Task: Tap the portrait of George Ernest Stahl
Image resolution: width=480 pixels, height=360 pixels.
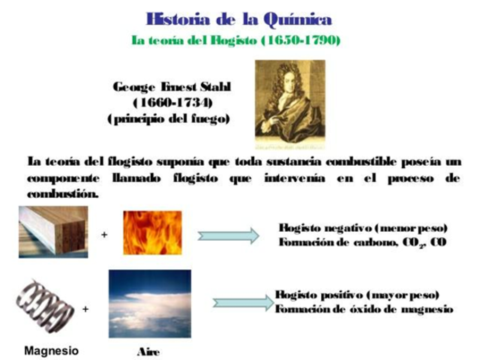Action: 289,102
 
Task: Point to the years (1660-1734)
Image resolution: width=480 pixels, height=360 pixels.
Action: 172,103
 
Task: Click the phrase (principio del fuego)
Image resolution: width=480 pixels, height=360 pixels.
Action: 168,118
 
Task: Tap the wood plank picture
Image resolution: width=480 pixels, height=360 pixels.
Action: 52,232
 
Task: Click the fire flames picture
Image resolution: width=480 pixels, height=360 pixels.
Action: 152,232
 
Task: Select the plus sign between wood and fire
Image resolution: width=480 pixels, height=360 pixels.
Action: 104,235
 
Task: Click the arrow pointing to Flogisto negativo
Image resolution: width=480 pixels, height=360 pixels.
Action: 228,235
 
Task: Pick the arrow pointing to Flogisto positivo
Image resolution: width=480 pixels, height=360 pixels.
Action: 241,302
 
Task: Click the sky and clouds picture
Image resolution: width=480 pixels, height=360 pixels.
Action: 149,304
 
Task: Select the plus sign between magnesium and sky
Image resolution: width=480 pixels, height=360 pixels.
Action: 86,308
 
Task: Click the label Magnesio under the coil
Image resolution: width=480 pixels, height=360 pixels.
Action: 51,350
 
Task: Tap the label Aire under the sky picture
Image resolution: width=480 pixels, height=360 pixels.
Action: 148,352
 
